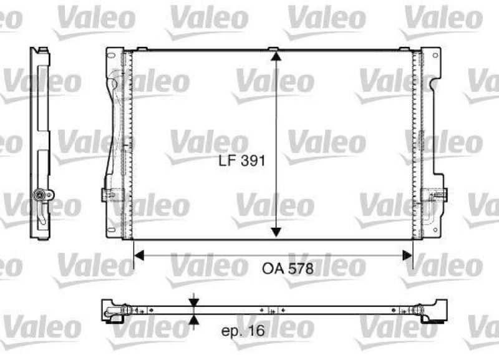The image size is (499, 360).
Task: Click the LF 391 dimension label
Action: pyautogui.click(x=243, y=161)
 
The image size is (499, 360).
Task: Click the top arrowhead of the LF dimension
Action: pyautogui.click(x=275, y=57)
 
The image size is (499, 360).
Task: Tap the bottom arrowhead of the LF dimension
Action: pyautogui.click(x=275, y=232)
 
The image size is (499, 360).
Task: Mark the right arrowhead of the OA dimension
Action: pyautogui.click(x=407, y=255)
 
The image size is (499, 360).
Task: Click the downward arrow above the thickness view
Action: pyautogui.click(x=195, y=301)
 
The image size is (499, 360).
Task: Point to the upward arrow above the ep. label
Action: pyautogui.click(x=195, y=321)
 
